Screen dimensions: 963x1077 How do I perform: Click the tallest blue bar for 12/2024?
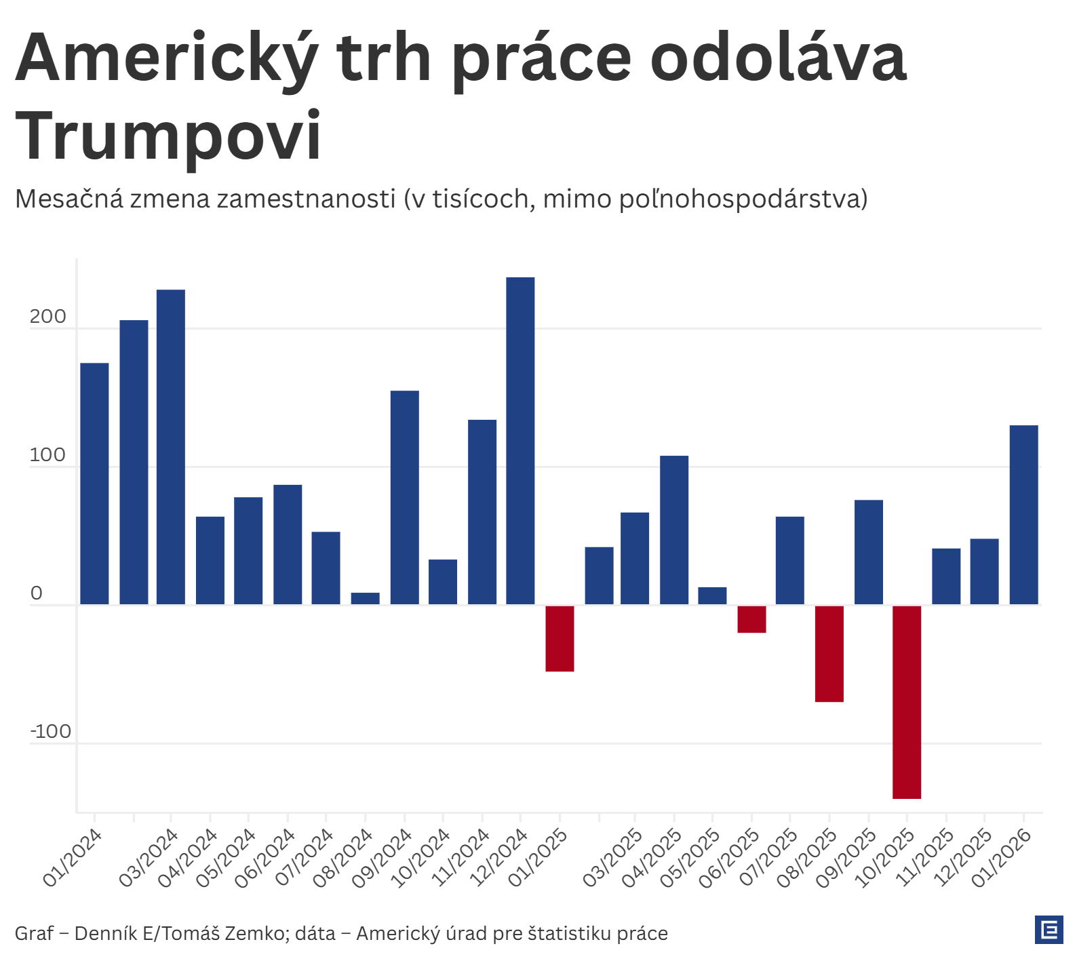pos(520,441)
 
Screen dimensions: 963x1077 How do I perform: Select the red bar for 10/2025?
pos(907,702)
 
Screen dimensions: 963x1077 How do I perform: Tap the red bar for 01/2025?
pos(560,638)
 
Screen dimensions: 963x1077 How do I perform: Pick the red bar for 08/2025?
pos(829,653)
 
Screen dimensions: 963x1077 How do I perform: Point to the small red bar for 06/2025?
pos(751,619)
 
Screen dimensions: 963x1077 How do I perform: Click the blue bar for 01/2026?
pos(1023,515)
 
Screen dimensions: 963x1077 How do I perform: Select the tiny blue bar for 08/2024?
pos(366,598)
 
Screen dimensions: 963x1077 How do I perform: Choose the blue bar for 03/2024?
pos(171,447)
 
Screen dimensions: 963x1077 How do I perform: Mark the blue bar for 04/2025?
pos(674,530)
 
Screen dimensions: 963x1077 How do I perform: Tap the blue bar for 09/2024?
pos(405,497)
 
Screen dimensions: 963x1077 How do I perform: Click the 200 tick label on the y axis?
pos(47,317)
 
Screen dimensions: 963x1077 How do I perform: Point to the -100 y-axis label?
pos(51,732)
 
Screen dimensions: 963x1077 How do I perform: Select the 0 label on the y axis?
pos(37,593)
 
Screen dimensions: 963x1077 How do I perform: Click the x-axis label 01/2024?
pos(73,858)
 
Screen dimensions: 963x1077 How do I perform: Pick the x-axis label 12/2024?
pos(499,858)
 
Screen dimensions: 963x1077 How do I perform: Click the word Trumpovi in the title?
pos(168,136)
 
